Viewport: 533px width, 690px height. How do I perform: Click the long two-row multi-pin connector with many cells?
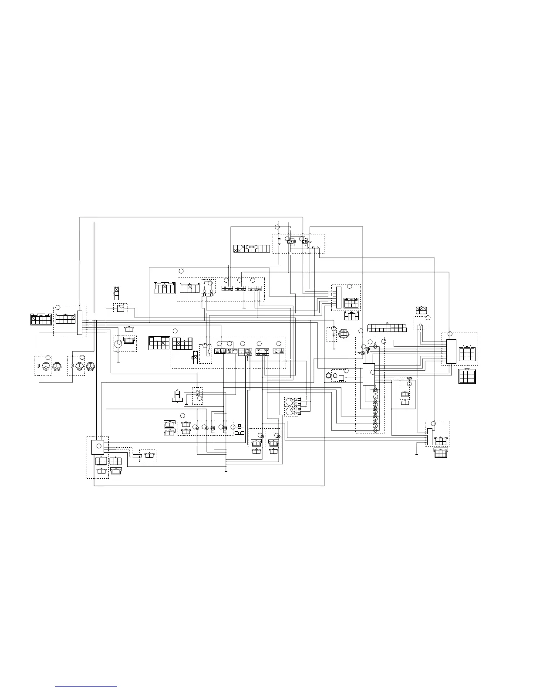point(387,328)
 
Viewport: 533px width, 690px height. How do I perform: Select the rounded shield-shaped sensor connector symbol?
point(343,335)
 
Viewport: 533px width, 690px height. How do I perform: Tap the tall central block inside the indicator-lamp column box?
point(368,374)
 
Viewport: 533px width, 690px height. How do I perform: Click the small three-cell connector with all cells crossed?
point(421,310)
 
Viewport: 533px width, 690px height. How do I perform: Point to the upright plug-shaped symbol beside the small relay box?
point(177,396)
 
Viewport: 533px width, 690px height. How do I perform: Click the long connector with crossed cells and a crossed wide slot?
point(252,249)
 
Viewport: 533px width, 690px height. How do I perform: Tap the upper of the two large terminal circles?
point(289,401)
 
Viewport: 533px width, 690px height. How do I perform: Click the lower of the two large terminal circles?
point(289,412)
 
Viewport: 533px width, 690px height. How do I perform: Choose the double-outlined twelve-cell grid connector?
point(468,376)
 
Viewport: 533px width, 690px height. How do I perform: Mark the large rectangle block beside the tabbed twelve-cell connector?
point(451,352)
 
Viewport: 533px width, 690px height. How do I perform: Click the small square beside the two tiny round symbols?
point(341,378)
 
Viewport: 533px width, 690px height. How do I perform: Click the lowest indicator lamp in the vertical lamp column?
point(376,430)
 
